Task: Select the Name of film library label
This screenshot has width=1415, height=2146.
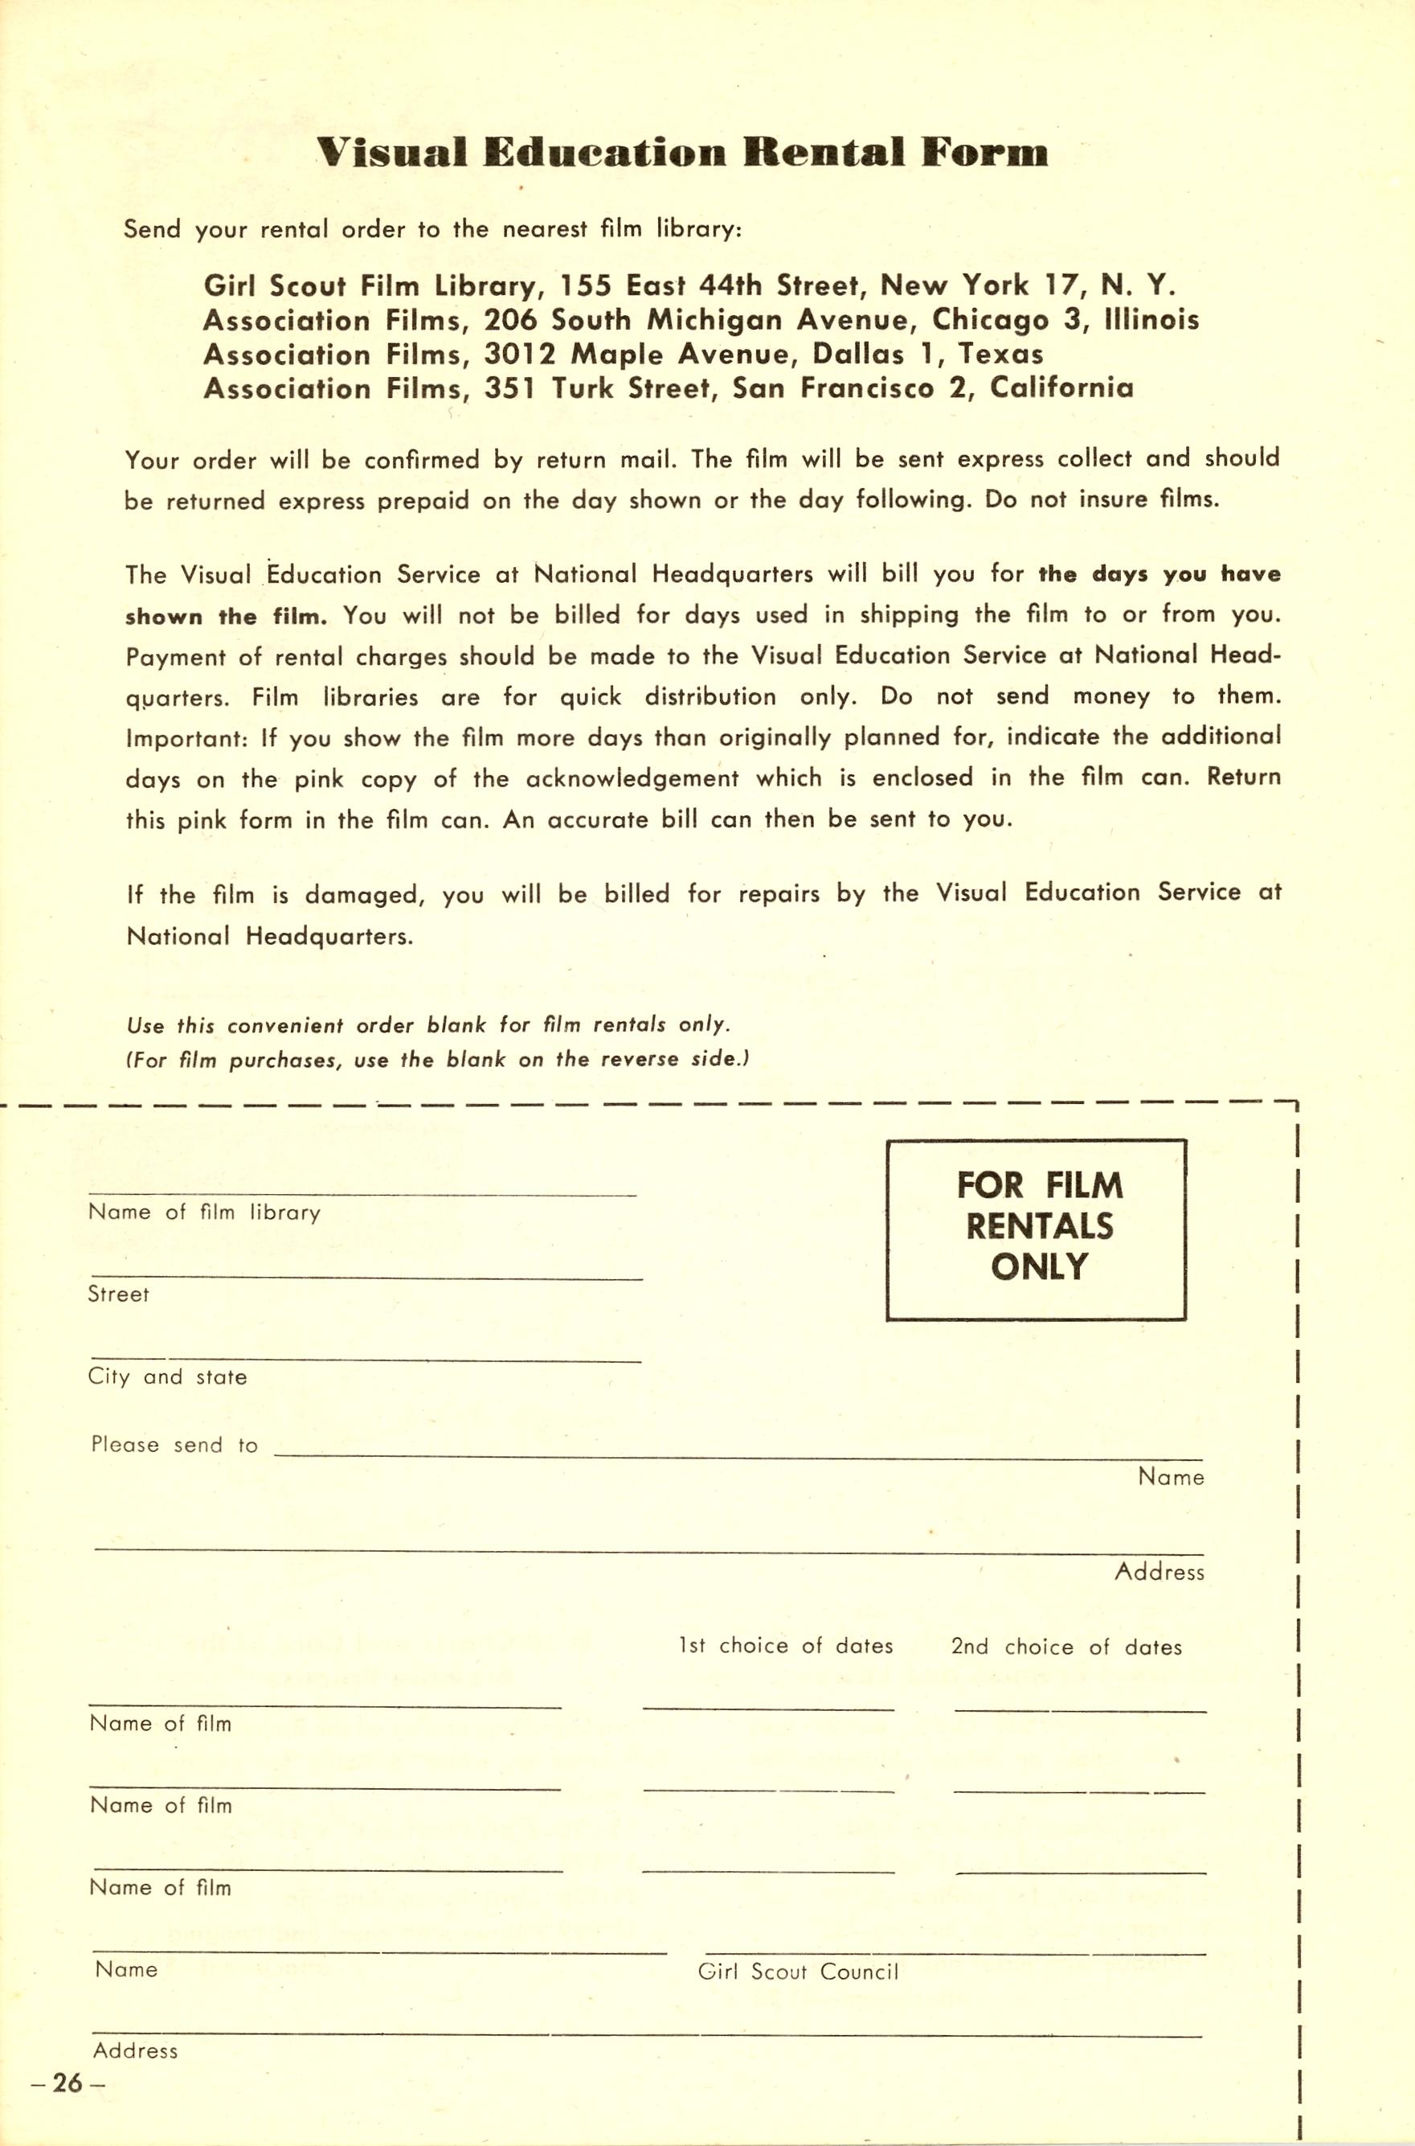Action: point(204,1212)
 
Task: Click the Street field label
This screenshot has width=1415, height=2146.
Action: point(118,1294)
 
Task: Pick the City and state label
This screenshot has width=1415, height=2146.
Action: point(167,1377)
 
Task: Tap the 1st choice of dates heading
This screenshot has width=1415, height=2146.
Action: point(786,1646)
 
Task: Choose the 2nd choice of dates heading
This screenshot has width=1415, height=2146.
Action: point(1065,1647)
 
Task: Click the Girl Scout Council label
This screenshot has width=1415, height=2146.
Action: point(798,1972)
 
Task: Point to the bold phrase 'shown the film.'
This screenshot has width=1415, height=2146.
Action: point(226,617)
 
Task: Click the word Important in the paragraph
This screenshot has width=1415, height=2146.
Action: point(186,738)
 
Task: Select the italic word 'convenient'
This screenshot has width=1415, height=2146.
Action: point(285,1026)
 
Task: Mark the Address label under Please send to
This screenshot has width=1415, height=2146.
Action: point(1159,1572)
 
